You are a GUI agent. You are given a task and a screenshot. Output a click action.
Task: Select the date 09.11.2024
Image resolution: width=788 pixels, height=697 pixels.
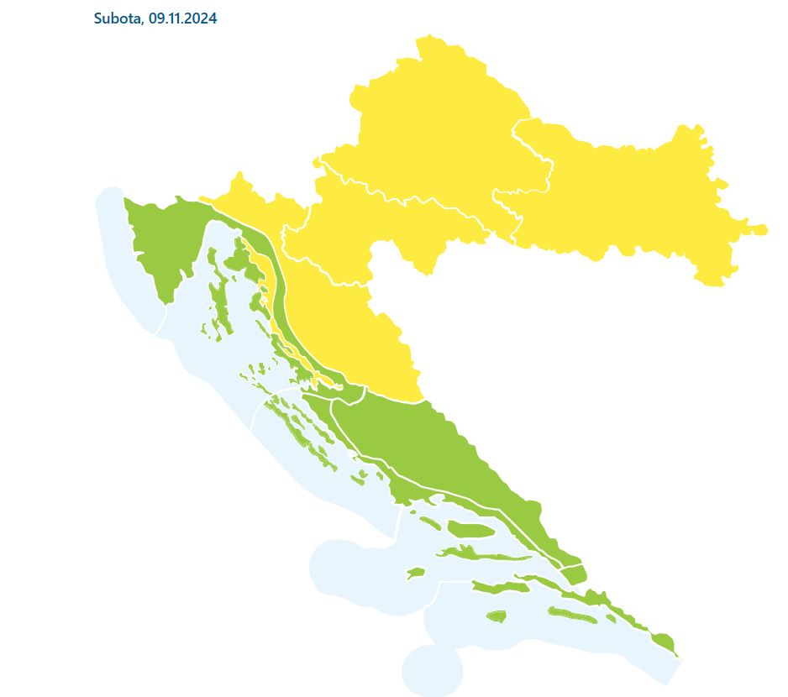pyautogui.click(x=182, y=18)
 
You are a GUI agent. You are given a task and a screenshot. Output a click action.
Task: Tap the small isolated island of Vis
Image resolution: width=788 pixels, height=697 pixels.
pyautogui.click(x=416, y=574)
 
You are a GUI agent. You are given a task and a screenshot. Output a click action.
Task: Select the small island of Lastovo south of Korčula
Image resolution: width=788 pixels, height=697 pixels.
pyautogui.click(x=497, y=617)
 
